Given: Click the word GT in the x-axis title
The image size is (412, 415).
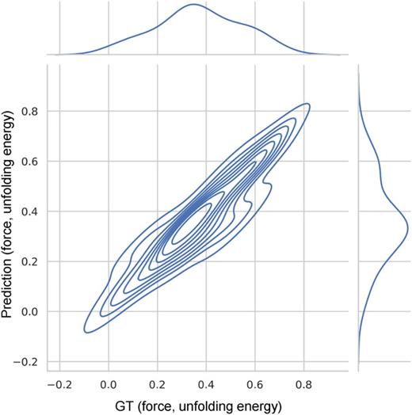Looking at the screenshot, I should click(x=133, y=405).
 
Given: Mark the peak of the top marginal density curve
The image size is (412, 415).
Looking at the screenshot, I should click(x=194, y=5).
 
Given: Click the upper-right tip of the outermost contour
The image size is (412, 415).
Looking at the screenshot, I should click(x=307, y=105).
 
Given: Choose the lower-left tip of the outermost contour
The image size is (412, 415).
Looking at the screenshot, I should click(x=84, y=330).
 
